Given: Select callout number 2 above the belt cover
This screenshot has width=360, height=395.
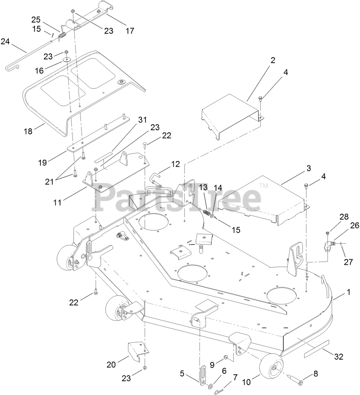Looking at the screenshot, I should pos(273,61).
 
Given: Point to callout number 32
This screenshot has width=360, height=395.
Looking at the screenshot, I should pos(339,357).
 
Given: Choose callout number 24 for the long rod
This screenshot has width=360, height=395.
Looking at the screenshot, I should pos(5,41).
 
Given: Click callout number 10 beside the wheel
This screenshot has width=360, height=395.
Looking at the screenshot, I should pos(246,382).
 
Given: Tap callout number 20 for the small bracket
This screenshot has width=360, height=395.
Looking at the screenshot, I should pos(111,364).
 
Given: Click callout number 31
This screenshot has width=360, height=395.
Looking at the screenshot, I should pos(142,120).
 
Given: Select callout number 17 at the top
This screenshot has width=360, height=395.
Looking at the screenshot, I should pos(130,31).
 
